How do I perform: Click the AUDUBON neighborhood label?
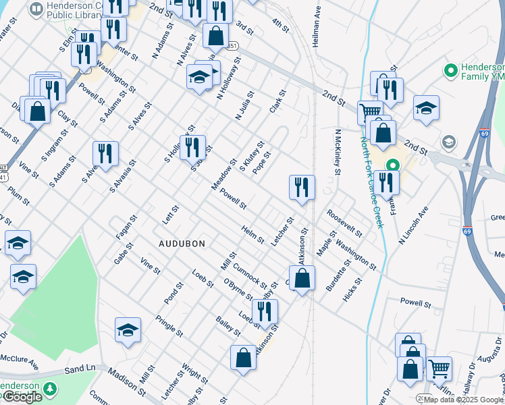tap(182, 243)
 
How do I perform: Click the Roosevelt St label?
tap(344, 223)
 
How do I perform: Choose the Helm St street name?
tap(252, 234)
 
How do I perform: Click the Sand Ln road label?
tap(81, 370)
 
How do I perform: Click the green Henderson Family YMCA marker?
tap(450, 70)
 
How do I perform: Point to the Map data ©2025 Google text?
tap(463, 400)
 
